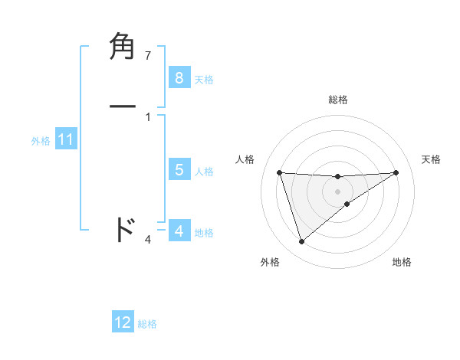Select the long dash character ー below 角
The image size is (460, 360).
click(x=123, y=106)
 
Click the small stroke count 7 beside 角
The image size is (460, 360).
click(x=148, y=56)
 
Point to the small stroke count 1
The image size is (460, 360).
click(x=148, y=116)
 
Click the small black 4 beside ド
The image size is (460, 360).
click(x=148, y=240)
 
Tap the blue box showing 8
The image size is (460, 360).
click(x=179, y=77)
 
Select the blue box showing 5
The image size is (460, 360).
click(x=179, y=170)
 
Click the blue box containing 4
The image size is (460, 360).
click(x=179, y=231)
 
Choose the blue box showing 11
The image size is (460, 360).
click(x=65, y=139)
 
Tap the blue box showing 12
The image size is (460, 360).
click(x=123, y=322)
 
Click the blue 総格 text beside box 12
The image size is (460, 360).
click(x=147, y=324)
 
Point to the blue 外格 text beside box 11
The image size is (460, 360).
click(x=41, y=141)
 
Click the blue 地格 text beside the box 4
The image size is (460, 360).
click(x=204, y=233)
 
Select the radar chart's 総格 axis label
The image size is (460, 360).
click(x=338, y=100)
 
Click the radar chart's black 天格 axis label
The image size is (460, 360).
click(x=431, y=159)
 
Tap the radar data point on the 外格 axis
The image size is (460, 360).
click(x=301, y=242)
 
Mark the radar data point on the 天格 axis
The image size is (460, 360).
click(x=396, y=172)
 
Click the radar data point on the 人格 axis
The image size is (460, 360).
click(x=279, y=172)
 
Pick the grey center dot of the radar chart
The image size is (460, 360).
click(x=337, y=191)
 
